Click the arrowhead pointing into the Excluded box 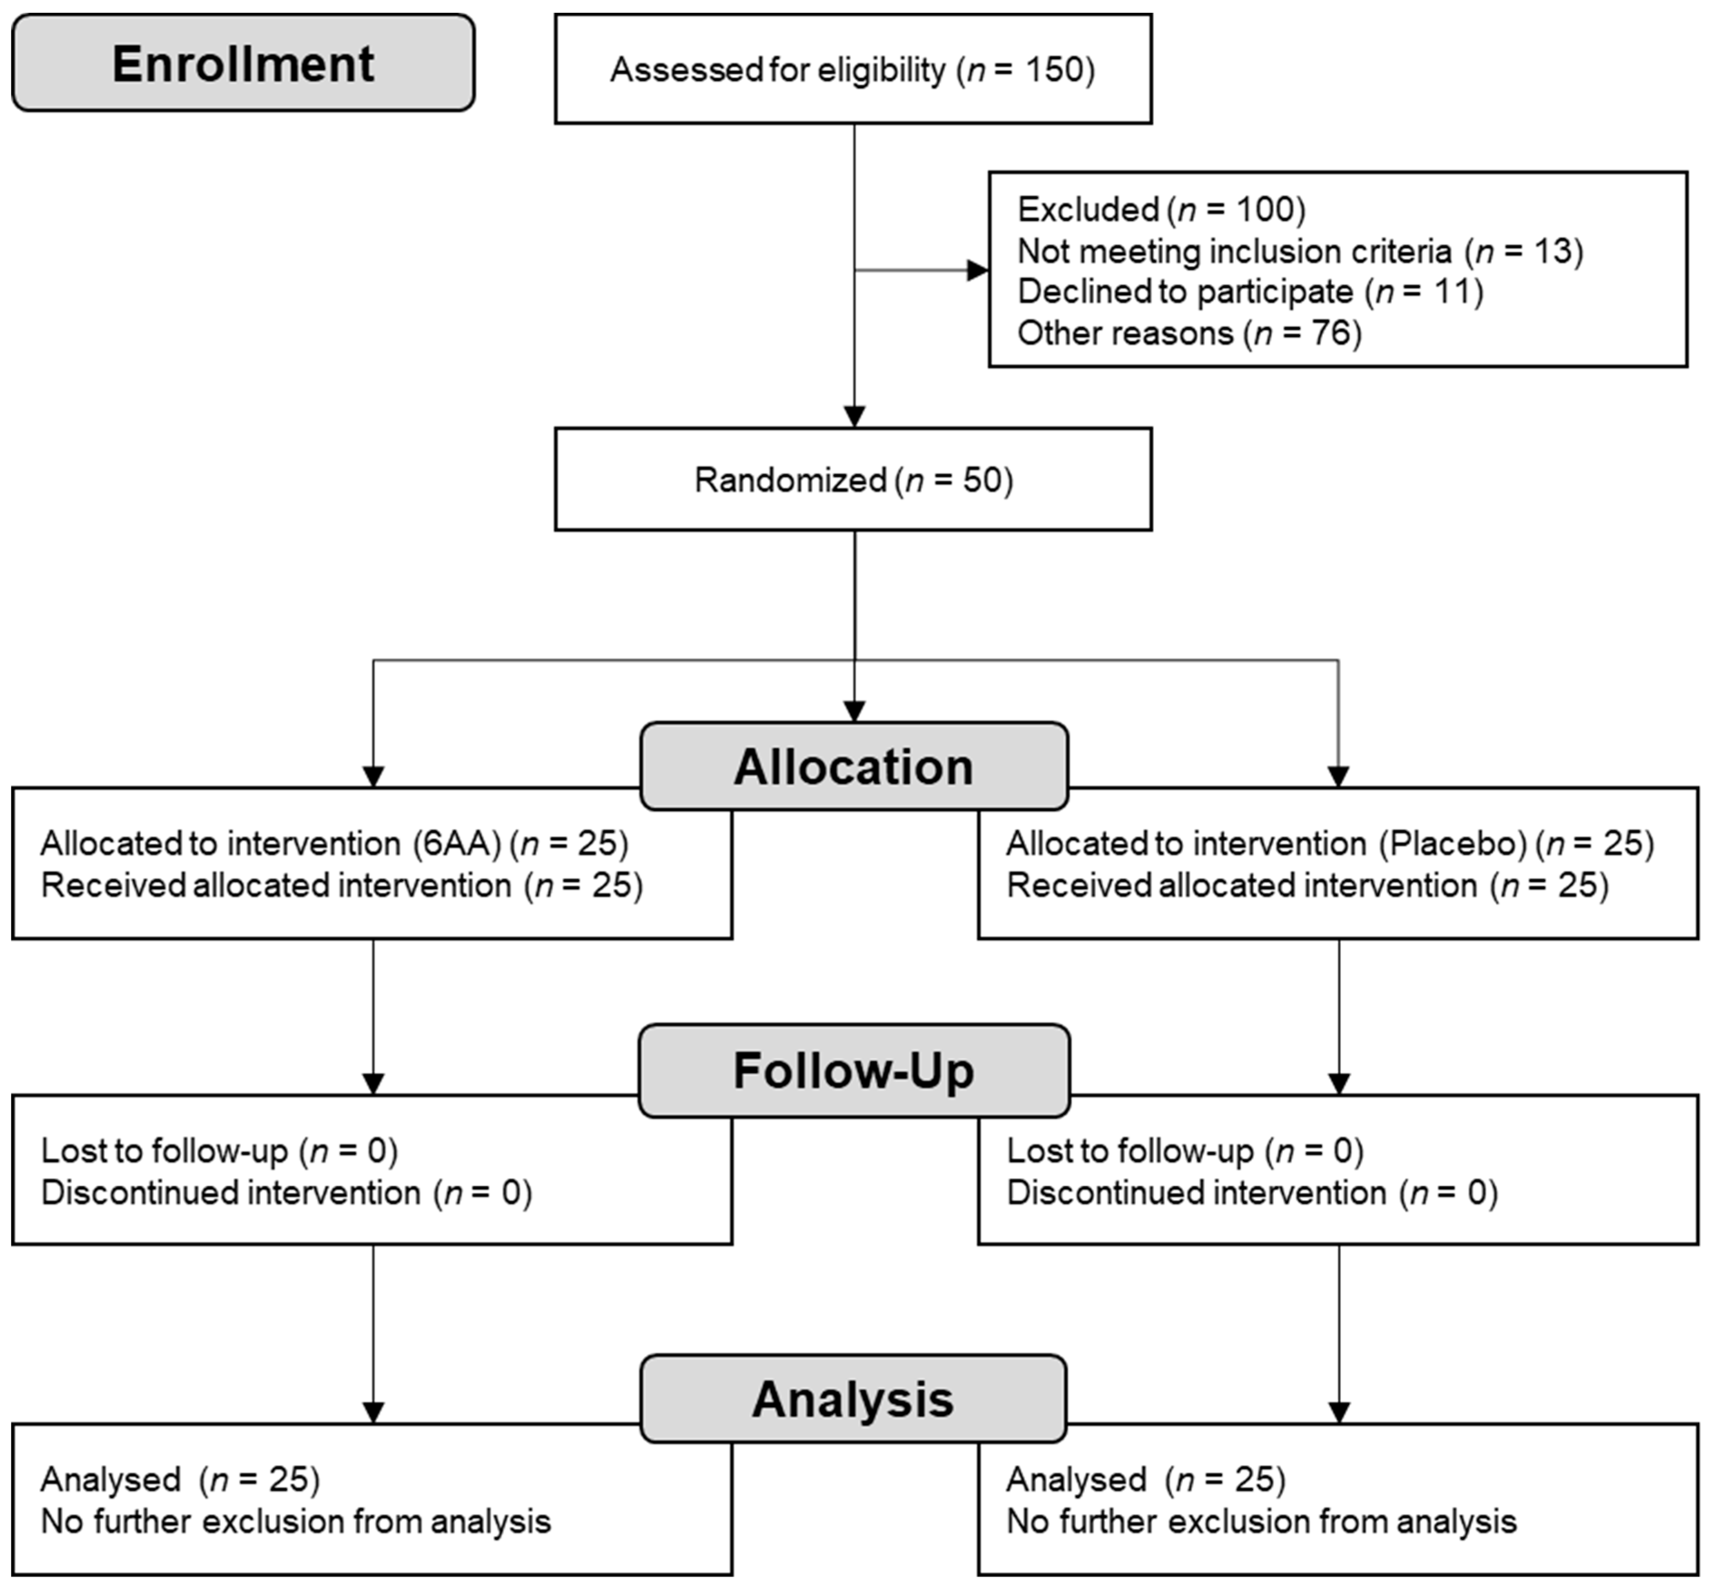(977, 270)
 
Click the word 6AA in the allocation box (456, 844)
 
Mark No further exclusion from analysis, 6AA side (296, 1521)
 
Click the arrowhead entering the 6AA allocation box (373, 776)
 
